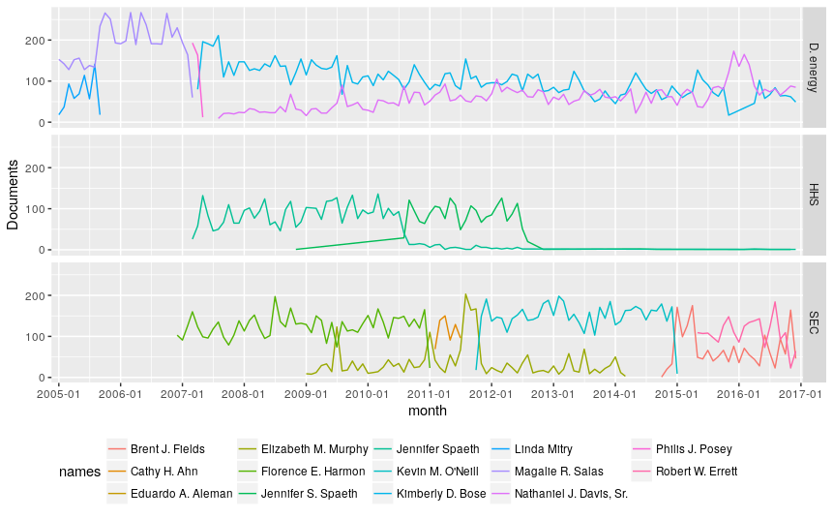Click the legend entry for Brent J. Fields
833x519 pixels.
(166, 449)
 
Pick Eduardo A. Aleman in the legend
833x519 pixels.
(181, 494)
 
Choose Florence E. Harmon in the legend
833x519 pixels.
(312, 472)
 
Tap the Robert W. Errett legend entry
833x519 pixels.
(697, 472)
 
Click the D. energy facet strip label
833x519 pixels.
(815, 67)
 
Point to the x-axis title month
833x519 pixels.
(428, 411)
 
